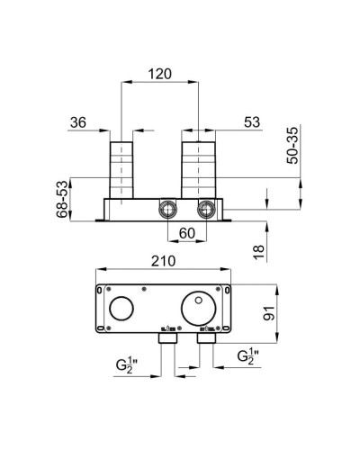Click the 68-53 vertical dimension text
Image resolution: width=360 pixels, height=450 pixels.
62,198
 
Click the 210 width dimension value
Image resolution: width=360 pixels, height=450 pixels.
163,260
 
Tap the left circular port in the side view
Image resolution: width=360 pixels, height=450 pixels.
166,210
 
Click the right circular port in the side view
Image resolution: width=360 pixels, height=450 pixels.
206,210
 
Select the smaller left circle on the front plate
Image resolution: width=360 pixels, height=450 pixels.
121,312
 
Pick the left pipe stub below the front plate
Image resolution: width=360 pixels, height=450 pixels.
166,342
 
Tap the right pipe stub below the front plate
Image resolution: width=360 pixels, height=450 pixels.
206,342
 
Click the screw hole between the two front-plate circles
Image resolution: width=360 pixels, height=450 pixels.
144,292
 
